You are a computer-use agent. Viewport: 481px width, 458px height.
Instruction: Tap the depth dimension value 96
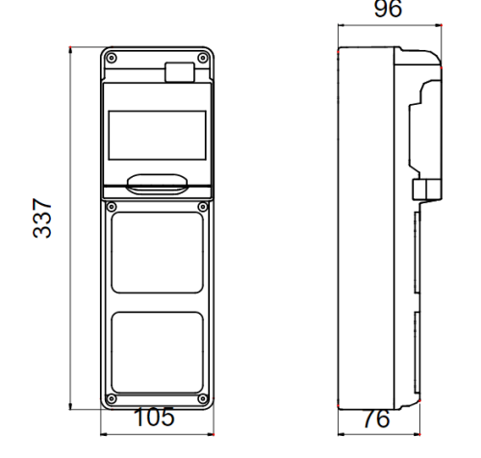click(388, 11)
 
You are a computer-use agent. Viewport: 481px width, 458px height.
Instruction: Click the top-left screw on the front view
click(112, 59)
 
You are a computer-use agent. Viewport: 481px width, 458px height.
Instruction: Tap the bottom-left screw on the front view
click(112, 397)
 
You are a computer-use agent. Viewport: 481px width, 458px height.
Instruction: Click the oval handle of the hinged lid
click(156, 180)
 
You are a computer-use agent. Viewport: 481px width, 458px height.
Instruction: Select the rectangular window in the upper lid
click(156, 135)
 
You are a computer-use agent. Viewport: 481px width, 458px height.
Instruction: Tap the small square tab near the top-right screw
click(178, 70)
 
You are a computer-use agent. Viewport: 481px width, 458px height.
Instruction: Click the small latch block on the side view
click(423, 189)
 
